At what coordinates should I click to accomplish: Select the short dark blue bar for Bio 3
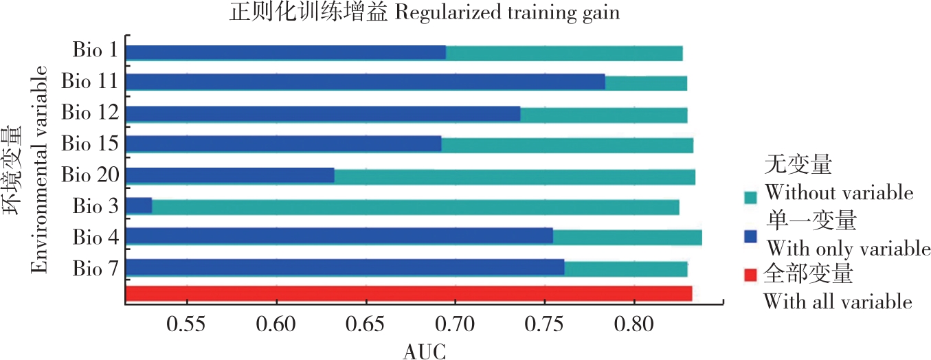coord(139,205)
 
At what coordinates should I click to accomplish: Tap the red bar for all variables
coord(408,294)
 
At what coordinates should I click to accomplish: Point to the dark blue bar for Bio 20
coord(229,175)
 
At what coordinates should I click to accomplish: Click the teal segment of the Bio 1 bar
coord(563,53)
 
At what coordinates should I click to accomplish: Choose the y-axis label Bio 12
coord(89,112)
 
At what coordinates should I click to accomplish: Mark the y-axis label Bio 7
coord(94,267)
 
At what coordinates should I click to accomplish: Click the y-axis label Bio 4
coord(94,237)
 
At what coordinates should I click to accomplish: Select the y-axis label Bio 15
coord(89,144)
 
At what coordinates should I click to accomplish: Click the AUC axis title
coord(424,351)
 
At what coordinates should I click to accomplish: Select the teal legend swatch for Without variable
coord(750,197)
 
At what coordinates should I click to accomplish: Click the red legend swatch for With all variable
coord(750,275)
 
